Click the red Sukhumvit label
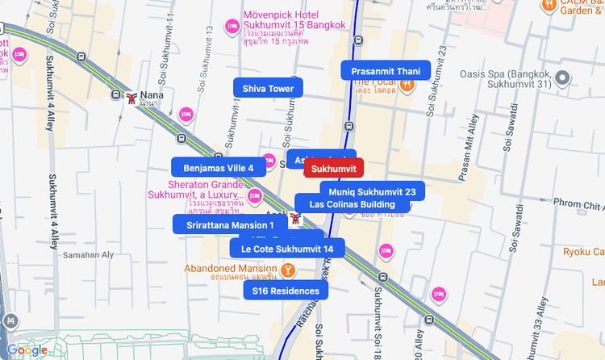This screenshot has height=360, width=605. click(334, 168)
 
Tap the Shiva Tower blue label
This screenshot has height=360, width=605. click(268, 88)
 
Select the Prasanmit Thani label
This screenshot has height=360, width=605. click(386, 70)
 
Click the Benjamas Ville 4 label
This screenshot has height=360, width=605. click(218, 168)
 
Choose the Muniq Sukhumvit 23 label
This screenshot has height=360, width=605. click(372, 191)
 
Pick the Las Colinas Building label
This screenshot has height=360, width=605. click(353, 204)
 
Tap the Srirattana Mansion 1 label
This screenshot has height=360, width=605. click(230, 224)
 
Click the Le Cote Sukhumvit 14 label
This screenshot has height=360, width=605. click(287, 249)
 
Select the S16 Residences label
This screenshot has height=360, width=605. click(286, 291)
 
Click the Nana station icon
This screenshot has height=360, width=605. click(131, 97)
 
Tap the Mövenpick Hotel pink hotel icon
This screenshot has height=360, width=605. click(231, 26)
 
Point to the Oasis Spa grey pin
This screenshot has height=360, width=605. click(562, 78)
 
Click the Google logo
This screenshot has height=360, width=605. click(27, 350)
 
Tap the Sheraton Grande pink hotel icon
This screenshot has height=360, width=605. click(256, 195)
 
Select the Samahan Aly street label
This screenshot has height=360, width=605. click(88, 254)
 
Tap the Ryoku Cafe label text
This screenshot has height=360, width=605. click(584, 252)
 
